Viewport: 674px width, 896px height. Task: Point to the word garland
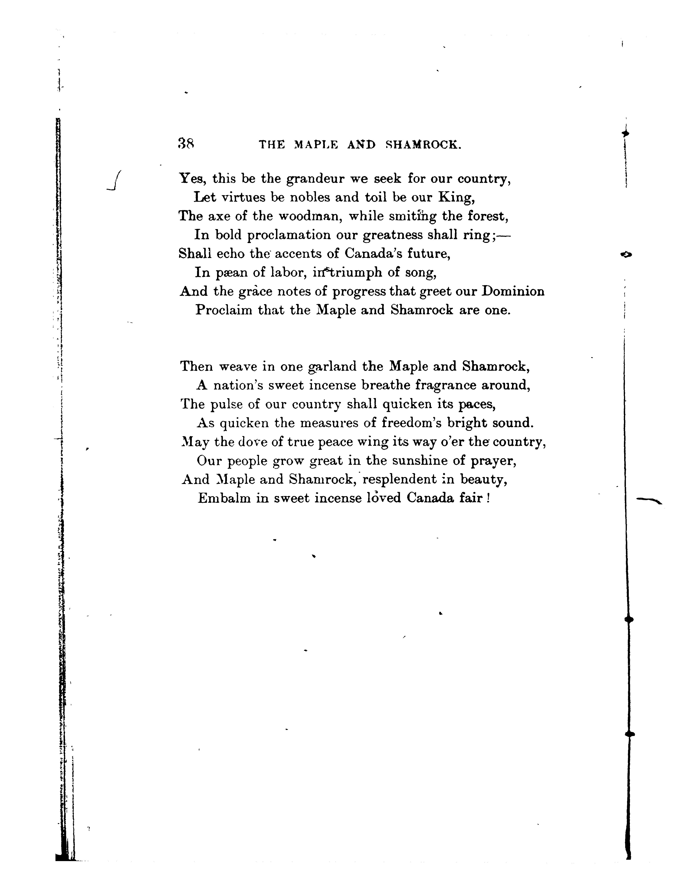click(332, 367)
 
